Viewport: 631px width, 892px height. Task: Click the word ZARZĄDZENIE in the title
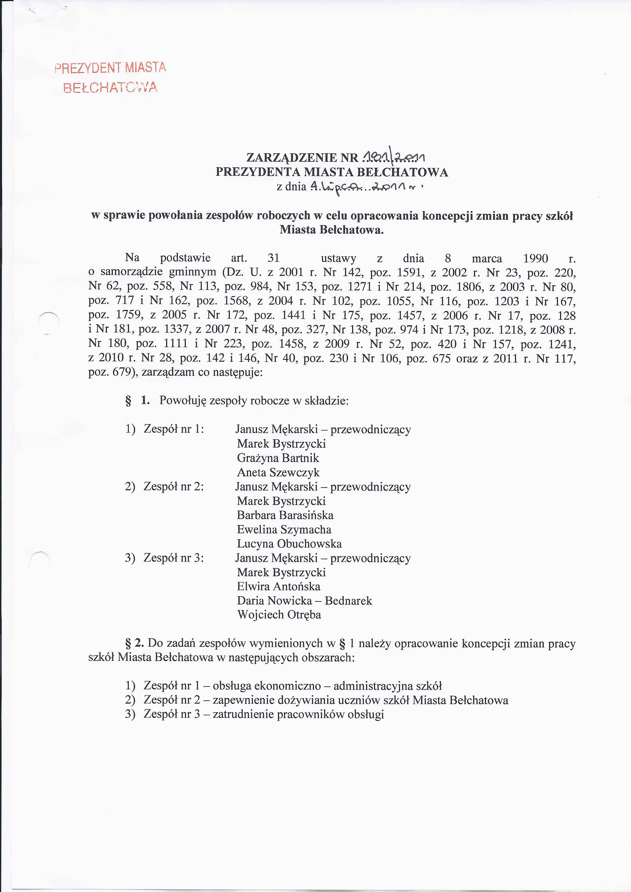pyautogui.click(x=292, y=158)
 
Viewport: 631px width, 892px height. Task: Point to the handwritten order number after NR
pyautogui.click(x=393, y=157)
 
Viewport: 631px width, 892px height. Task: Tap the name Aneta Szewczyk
pyautogui.click(x=278, y=472)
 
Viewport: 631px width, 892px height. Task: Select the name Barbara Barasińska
pyautogui.click(x=285, y=515)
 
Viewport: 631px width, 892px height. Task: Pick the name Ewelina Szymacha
pyautogui.click(x=284, y=529)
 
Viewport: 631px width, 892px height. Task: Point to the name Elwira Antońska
pyautogui.click(x=278, y=586)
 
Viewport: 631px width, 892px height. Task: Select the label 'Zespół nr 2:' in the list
pyautogui.click(x=174, y=486)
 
